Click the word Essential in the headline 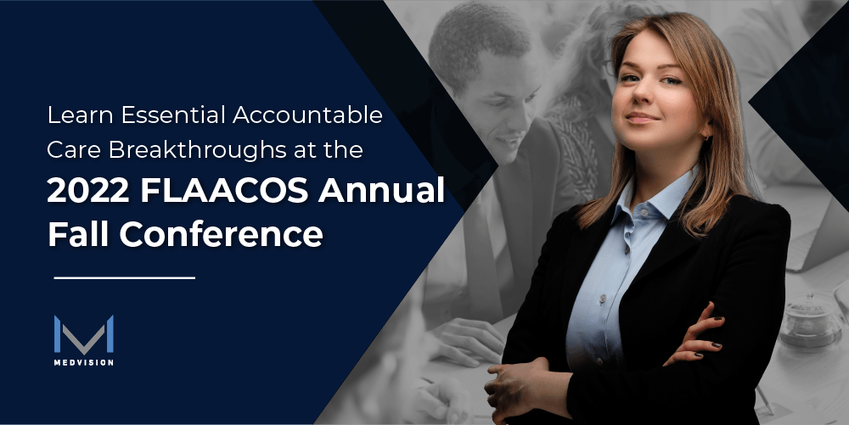173,115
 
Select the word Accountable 307,115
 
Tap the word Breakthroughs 198,150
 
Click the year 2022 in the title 87,190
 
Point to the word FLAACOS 224,190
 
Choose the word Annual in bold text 381,190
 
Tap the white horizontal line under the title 125,278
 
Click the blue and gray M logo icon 84,334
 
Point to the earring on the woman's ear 706,138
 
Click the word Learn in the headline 80,115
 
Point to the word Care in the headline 74,150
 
